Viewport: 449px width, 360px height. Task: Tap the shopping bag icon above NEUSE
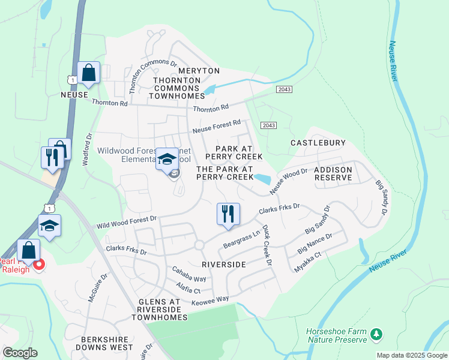[88, 74]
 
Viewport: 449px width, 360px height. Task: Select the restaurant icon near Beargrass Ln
[228, 214]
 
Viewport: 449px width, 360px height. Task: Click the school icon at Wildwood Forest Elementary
[167, 160]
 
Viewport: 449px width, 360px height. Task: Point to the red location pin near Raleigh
[39, 264]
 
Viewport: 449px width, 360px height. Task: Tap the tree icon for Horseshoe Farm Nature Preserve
[376, 333]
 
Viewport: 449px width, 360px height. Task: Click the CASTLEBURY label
[318, 143]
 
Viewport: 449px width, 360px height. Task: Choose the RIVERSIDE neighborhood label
[224, 264]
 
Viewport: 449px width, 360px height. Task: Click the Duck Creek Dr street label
[267, 248]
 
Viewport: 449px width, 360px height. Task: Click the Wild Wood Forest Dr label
[127, 222]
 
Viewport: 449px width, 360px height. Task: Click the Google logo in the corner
[20, 353]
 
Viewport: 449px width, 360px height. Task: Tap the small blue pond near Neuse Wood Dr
[262, 178]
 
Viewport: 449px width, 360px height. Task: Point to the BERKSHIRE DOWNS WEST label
[100, 343]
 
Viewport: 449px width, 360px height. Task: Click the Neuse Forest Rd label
[216, 126]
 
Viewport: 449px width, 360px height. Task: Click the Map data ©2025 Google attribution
[412, 355]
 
